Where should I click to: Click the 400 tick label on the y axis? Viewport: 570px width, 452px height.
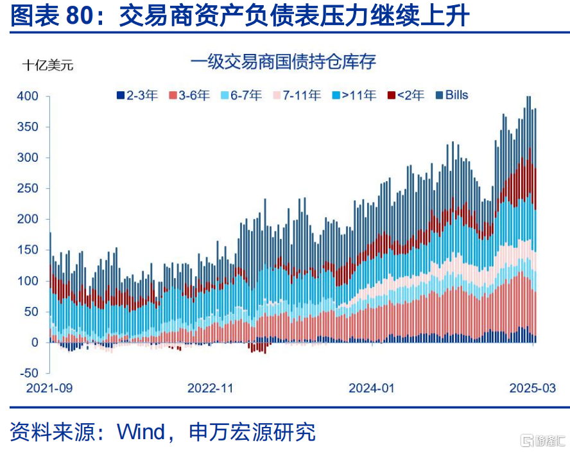coord(28,96)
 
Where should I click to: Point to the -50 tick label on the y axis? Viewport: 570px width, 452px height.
coord(29,373)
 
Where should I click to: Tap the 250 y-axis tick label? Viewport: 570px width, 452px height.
coord(28,188)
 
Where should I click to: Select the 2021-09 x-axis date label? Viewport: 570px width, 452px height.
coord(49,388)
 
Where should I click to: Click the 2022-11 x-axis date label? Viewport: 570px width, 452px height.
coord(210,388)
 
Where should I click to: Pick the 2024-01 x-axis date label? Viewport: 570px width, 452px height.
coord(372,388)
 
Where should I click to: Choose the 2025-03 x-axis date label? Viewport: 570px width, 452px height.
coord(533,388)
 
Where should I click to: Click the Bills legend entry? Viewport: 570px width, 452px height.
coord(452,95)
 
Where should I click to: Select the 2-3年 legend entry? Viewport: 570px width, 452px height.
coord(137,95)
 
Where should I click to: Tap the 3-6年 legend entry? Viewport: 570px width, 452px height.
coord(189,95)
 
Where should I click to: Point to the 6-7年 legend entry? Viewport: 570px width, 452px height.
coord(241,95)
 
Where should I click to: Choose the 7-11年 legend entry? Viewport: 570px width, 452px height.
coord(297,95)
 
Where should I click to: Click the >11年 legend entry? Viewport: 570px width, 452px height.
coord(354,95)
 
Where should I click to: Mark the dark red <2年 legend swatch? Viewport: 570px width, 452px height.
coord(391,95)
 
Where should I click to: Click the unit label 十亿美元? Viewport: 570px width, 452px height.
coord(47,65)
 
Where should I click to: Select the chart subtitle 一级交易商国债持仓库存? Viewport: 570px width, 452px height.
coord(283,62)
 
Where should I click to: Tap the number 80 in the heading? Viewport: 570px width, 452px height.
coord(80,15)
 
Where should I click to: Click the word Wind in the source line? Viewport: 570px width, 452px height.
coord(141,432)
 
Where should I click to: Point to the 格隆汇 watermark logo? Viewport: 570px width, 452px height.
coord(543,440)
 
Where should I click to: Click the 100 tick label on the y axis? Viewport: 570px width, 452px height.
coord(28,281)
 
